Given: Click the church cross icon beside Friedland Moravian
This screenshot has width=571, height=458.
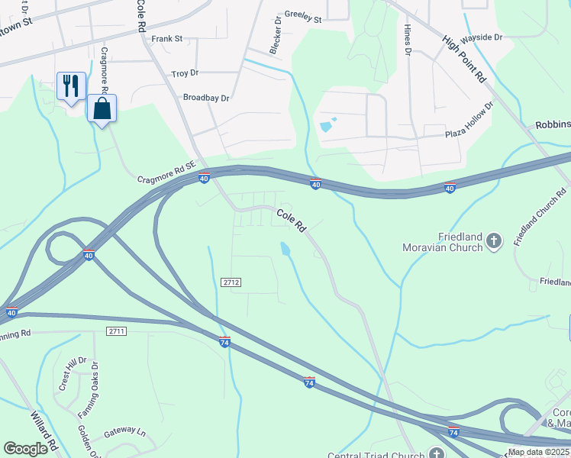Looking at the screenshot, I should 494,242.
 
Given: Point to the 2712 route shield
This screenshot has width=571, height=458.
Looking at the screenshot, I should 232,282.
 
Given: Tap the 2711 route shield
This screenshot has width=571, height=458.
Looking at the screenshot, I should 116,331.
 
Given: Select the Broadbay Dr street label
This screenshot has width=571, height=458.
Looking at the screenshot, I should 206,98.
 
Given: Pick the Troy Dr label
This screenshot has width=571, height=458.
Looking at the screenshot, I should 185,73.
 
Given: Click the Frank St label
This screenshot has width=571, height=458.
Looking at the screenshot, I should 167,38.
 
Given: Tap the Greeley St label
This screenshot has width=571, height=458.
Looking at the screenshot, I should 303,15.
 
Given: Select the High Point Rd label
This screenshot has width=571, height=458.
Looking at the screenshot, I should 464,58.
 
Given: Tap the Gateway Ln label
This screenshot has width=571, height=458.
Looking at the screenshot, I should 124,431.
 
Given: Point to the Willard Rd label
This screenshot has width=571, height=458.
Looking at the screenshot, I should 43,431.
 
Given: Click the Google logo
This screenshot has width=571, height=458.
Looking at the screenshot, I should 25,448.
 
